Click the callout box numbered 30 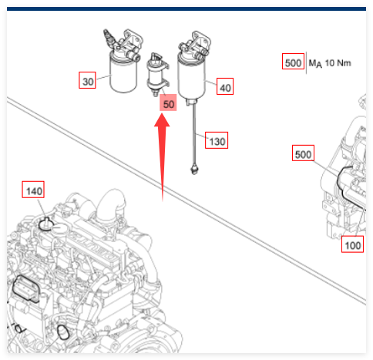87,80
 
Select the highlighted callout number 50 168,103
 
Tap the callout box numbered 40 225,86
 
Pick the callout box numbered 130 217,140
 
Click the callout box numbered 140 33,190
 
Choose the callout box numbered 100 352,244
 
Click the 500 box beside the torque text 293,61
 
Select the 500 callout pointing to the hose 303,153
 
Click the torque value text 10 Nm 338,62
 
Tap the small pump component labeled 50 157,75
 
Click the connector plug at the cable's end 194,170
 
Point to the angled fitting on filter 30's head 109,37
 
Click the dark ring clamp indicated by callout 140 46,225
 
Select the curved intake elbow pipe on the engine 111,206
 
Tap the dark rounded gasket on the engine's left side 25,288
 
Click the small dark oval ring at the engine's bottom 62,332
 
